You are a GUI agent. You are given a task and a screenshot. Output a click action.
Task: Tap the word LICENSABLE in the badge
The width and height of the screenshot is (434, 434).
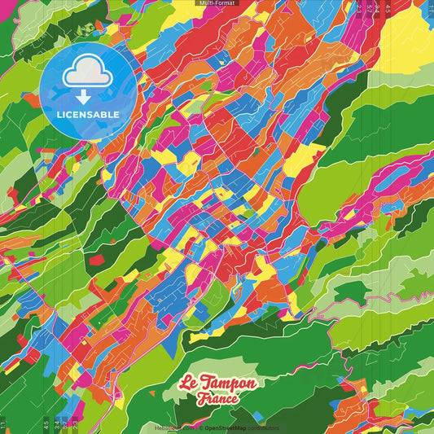point(90,113)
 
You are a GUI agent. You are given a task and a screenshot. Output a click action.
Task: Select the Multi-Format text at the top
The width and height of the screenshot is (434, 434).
point(217,3)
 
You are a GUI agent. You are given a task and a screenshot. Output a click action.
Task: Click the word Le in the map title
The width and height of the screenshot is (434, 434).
point(189,384)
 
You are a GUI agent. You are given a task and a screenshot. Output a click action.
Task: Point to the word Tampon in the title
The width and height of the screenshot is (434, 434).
point(230,384)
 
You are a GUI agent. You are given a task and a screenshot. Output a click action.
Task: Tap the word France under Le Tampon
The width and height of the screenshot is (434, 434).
point(217,399)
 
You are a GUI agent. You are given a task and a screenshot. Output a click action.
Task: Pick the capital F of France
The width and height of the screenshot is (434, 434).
point(202,399)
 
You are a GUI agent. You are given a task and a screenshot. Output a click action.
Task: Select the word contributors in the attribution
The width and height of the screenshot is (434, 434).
point(263,427)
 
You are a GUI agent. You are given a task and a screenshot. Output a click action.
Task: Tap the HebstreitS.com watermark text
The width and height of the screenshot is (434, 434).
point(172,427)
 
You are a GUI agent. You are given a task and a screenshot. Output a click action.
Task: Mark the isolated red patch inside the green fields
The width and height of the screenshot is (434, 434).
point(97,260)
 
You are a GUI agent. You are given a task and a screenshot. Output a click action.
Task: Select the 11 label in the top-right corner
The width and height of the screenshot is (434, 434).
point(430,8)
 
